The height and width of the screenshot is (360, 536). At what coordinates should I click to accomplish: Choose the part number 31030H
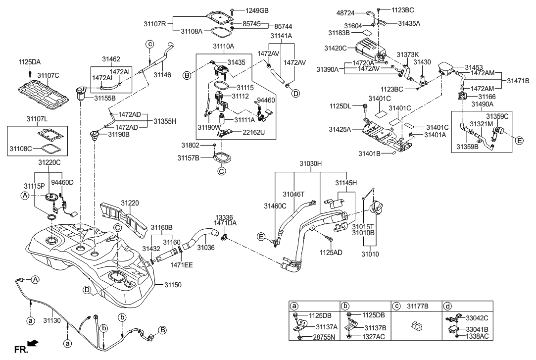coord(310,162)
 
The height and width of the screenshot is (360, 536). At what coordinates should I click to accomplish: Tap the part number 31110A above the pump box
coord(224,46)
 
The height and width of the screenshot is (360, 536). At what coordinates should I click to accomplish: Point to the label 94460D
coord(63,182)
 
